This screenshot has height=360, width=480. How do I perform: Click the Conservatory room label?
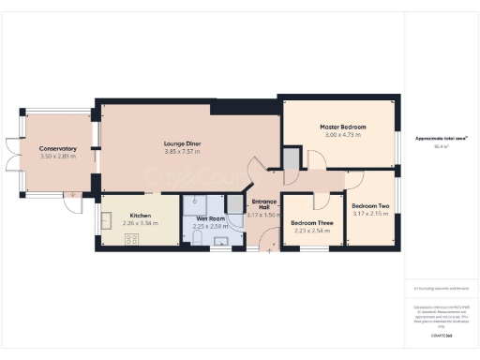point(57,149)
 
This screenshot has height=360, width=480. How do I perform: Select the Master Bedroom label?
point(342,127)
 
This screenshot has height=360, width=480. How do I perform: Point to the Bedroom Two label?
point(370,205)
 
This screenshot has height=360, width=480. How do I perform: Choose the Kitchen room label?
point(141,215)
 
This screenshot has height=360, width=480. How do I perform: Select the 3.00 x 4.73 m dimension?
point(342,135)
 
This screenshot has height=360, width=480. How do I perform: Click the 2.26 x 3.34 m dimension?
point(141,223)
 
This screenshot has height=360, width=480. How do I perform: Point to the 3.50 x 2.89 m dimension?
point(57,157)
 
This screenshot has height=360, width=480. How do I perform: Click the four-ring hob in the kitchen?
point(130,239)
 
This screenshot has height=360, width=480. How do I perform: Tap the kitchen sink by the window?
point(106,220)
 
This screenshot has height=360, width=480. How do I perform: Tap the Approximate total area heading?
point(441,139)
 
